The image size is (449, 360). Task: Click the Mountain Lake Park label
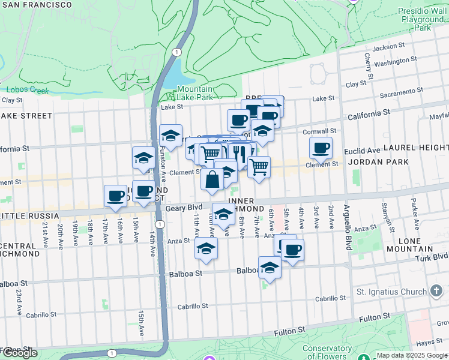[x=194, y=93]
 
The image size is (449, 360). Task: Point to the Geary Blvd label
[x=184, y=208]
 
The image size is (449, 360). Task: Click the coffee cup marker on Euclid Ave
[x=321, y=148]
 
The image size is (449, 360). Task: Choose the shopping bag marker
[x=212, y=179]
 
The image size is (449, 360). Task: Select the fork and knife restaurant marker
[x=240, y=154]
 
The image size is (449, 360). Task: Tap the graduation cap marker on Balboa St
[x=270, y=267]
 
